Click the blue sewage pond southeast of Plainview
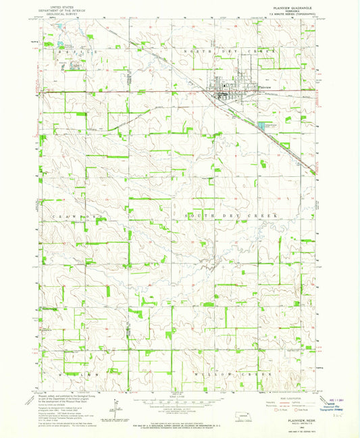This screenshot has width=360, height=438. tap(261, 127)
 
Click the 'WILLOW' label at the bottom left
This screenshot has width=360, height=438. tap(70, 373)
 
